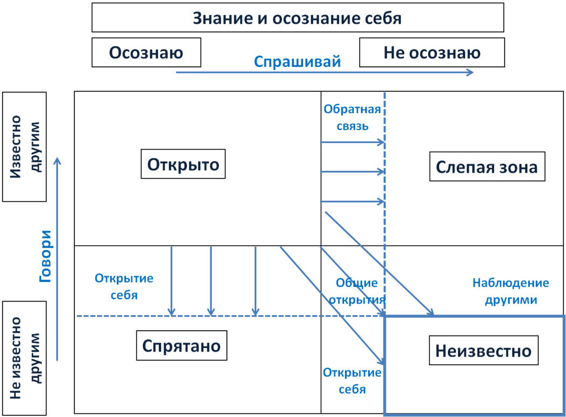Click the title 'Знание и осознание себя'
click(x=298, y=18)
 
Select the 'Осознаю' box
click(x=146, y=52)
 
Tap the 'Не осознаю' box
click(x=432, y=52)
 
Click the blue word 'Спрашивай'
click(x=298, y=61)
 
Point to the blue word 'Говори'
click(x=46, y=256)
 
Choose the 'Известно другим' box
click(x=24, y=146)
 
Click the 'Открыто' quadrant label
click(x=183, y=163)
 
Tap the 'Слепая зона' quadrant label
click(x=486, y=167)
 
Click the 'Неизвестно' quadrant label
click(x=483, y=351)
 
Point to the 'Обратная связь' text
click(x=352, y=118)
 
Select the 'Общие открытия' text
click(x=357, y=292)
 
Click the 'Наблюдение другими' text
click(x=510, y=291)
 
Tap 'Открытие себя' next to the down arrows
click(x=124, y=286)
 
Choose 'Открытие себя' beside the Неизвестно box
click(x=352, y=380)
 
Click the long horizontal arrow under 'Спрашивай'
click(x=323, y=72)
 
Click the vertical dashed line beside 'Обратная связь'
click(x=384, y=227)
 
